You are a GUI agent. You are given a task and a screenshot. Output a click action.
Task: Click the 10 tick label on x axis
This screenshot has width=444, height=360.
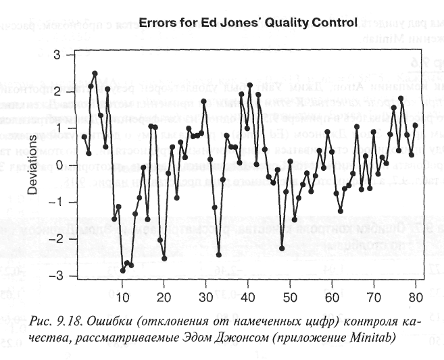point(122,296)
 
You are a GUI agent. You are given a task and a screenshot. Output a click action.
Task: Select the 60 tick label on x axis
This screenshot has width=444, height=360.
point(331,296)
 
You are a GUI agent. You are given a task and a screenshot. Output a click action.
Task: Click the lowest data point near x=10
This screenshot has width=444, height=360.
point(122,270)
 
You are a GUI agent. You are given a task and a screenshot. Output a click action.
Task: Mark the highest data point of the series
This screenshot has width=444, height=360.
point(95,73)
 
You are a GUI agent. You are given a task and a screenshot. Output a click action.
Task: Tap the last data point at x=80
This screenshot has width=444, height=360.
point(415,125)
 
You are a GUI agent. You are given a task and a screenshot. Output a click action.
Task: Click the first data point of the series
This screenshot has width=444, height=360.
point(84,136)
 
